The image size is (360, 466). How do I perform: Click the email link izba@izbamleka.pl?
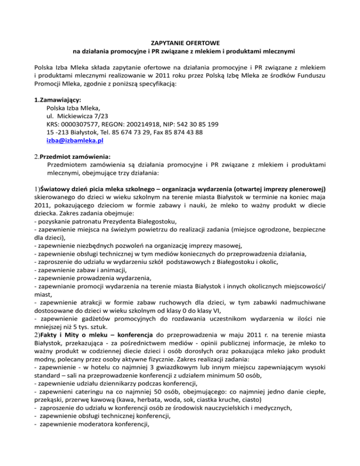(75, 140)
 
